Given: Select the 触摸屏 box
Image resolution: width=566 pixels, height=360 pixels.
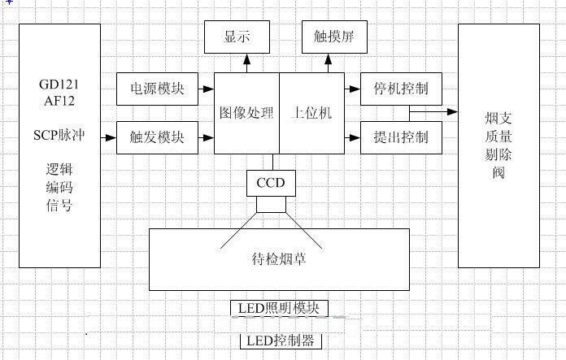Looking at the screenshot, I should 329,37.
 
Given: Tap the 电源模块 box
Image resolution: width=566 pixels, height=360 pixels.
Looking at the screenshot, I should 157,89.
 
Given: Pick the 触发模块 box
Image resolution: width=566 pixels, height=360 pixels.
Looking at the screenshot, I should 157,137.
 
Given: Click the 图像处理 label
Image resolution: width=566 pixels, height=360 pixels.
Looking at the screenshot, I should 246,112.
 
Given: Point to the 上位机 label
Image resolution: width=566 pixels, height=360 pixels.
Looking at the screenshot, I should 311,112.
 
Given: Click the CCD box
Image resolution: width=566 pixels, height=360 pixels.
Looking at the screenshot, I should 271,183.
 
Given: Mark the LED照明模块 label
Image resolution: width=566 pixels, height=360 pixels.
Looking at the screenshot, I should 279,309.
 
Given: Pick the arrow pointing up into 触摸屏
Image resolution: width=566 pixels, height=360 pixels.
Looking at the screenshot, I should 329,62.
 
